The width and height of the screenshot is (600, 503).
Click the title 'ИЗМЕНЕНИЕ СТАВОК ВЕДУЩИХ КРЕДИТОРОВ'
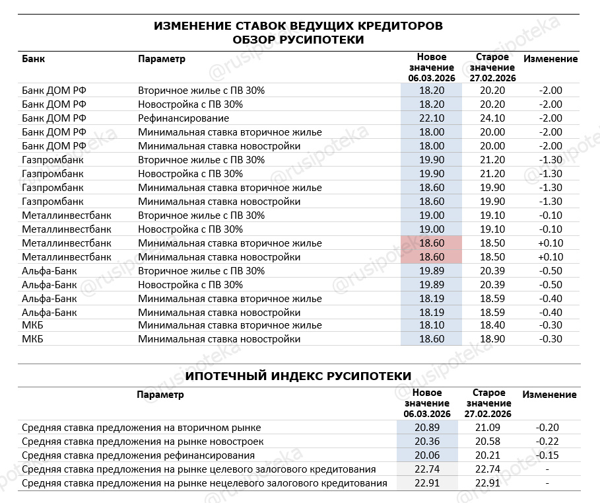(298, 26)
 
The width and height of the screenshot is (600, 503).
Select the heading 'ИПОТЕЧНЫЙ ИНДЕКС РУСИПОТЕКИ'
(298, 376)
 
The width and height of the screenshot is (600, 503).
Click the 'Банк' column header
(34, 59)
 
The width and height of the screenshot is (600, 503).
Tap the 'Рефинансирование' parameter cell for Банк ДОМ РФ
(183, 118)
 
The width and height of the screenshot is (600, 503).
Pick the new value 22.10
(431, 118)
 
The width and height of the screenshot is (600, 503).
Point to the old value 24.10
(492, 118)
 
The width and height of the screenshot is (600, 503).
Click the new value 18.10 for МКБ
(431, 325)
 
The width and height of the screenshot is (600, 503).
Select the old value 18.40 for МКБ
(492, 325)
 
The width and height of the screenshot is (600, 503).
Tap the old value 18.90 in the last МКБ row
(492, 339)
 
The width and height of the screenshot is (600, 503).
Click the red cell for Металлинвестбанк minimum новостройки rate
(431, 256)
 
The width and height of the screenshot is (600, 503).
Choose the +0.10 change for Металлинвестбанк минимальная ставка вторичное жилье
(550, 243)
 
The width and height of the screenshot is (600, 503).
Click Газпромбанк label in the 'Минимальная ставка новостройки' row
(53, 202)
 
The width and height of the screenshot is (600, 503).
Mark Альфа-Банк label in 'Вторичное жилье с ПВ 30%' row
(49, 270)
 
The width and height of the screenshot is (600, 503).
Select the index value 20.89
(426, 428)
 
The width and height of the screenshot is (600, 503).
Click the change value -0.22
(548, 442)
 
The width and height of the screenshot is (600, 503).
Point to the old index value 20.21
(488, 455)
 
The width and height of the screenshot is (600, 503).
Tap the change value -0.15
(548, 455)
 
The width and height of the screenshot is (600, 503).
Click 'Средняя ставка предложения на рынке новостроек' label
(143, 442)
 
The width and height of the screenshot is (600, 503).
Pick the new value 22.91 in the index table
(426, 483)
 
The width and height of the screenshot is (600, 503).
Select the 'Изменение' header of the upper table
(550, 59)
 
